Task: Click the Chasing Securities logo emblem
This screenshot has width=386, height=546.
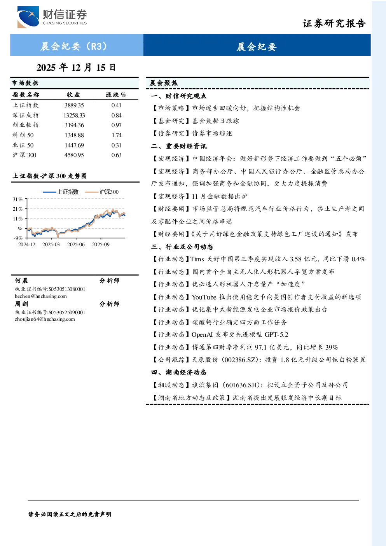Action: tap(28, 17)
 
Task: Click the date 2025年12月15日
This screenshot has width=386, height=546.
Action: tap(76, 68)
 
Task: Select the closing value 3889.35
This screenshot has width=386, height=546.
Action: tap(74, 105)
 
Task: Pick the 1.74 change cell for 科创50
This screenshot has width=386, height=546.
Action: tap(117, 135)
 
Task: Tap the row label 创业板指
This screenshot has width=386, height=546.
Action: tap(26, 125)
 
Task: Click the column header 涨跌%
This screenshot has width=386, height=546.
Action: tap(116, 94)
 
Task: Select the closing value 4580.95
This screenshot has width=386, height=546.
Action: tap(74, 155)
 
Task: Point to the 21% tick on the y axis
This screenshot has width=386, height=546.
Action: tap(17, 209)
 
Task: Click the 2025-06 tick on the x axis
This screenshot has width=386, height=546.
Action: tap(76, 244)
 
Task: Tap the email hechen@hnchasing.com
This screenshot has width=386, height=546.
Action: tap(41, 296)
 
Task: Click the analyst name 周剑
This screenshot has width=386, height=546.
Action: tap(21, 304)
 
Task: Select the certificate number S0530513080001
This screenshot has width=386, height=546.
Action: tap(67, 289)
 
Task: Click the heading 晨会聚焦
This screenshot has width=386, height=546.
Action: tap(164, 83)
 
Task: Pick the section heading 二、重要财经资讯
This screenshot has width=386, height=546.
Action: tap(179, 146)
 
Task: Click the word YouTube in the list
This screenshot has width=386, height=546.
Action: tap(204, 297)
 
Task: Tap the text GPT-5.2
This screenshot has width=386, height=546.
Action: tap(276, 335)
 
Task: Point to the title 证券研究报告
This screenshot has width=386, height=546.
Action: tap(334, 23)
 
